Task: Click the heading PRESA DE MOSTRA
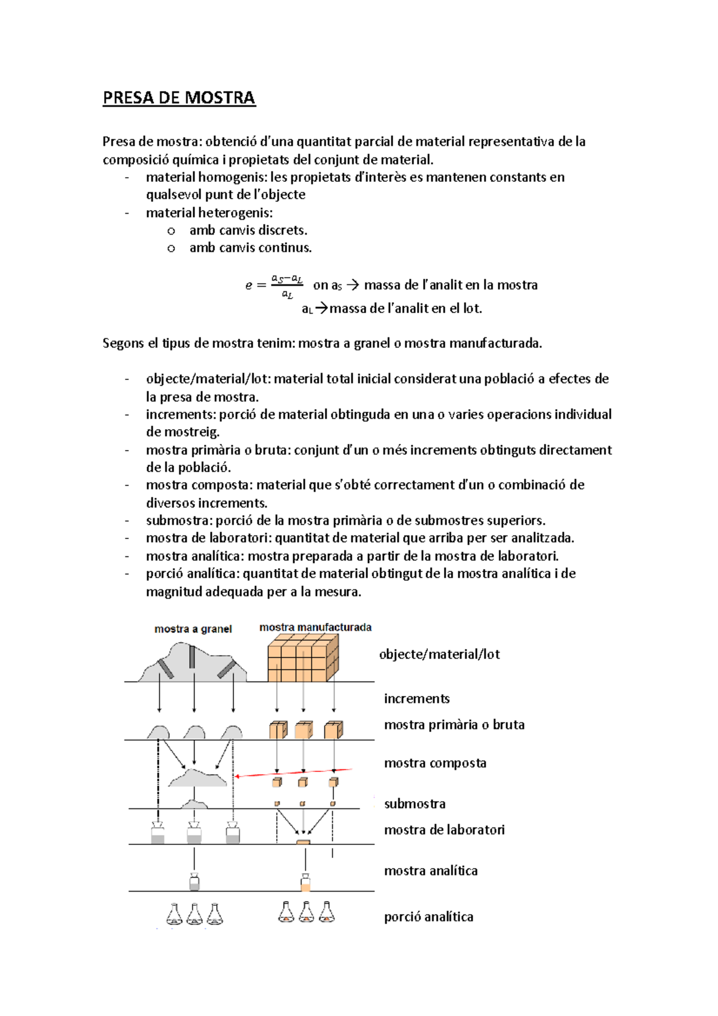point(179,98)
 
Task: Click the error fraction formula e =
point(275,286)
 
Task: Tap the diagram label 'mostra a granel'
point(193,629)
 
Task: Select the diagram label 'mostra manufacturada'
point(315,627)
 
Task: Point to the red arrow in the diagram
point(293,772)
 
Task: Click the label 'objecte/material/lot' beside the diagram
point(439,654)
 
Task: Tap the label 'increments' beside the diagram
point(416,698)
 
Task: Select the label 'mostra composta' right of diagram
point(435,763)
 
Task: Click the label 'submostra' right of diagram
point(415,804)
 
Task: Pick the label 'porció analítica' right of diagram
point(428,917)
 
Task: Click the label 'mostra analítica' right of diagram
point(431,871)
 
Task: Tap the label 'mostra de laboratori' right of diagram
point(444,830)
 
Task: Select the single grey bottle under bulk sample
point(194,882)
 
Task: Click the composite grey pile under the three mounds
point(197,778)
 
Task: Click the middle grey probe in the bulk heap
point(192,656)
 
